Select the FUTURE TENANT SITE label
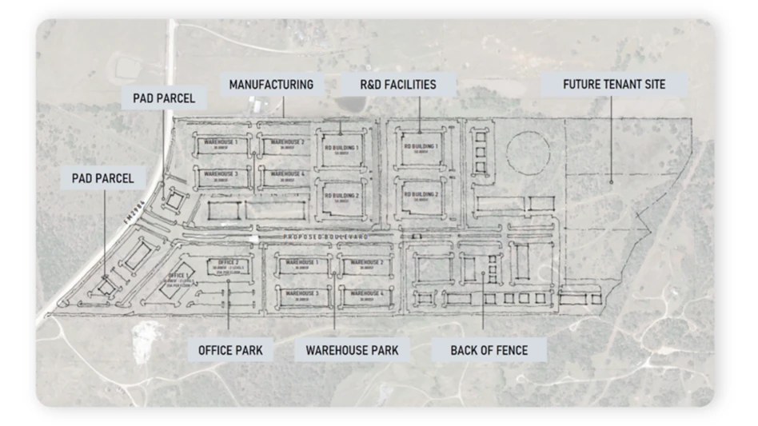(613, 84)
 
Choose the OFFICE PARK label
(230, 349)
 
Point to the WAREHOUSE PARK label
(353, 349)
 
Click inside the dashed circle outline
(526, 152)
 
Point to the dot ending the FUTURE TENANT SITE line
(612, 182)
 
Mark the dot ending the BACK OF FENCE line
(482, 258)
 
